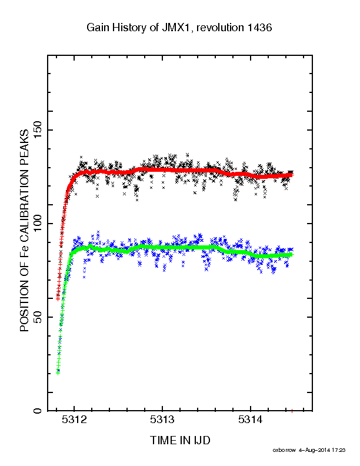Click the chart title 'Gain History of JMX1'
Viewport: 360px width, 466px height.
pyautogui.click(x=139, y=28)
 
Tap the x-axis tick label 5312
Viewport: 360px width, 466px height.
pyautogui.click(x=75, y=420)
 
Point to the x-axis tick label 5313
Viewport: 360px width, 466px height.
pyautogui.click(x=162, y=420)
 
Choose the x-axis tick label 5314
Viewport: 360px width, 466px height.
pyautogui.click(x=251, y=420)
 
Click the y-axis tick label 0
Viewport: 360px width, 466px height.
pyautogui.click(x=38, y=411)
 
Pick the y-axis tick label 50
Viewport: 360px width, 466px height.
pyautogui.click(x=38, y=317)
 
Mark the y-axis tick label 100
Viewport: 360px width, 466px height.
pyautogui.click(x=38, y=224)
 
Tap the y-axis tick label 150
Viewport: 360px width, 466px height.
pyautogui.click(x=38, y=130)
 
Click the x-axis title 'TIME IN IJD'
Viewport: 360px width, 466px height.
pyautogui.click(x=181, y=440)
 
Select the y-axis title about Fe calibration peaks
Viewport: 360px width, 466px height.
pyautogui.click(x=24, y=231)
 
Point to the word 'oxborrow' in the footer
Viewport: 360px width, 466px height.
pyautogui.click(x=284, y=450)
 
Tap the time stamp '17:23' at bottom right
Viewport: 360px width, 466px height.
pyautogui.click(x=339, y=450)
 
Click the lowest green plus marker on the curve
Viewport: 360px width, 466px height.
pyautogui.click(x=58, y=372)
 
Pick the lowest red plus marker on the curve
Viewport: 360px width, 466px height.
pyautogui.click(x=58, y=299)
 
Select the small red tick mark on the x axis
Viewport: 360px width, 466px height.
pyautogui.click(x=292, y=411)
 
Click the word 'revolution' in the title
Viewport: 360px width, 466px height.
pyautogui.click(x=220, y=28)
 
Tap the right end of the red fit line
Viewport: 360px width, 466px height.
pyautogui.click(x=292, y=175)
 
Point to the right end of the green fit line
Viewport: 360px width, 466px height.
pyautogui.click(x=292, y=255)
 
